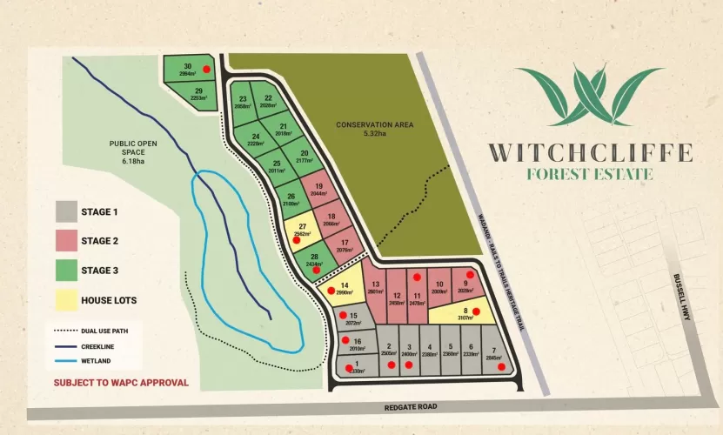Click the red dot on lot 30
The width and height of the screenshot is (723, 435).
pyautogui.click(x=206, y=68)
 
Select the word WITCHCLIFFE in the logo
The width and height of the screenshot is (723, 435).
pyautogui.click(x=590, y=153)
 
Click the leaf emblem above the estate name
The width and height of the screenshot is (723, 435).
pyautogui.click(x=589, y=96)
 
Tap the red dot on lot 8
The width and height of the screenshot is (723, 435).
pyautogui.click(x=476, y=311)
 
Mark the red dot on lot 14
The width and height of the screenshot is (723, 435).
pyautogui.click(x=331, y=291)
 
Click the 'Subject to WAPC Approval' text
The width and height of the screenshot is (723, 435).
pyautogui.click(x=121, y=382)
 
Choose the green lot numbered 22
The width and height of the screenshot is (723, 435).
pyautogui.click(x=268, y=102)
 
